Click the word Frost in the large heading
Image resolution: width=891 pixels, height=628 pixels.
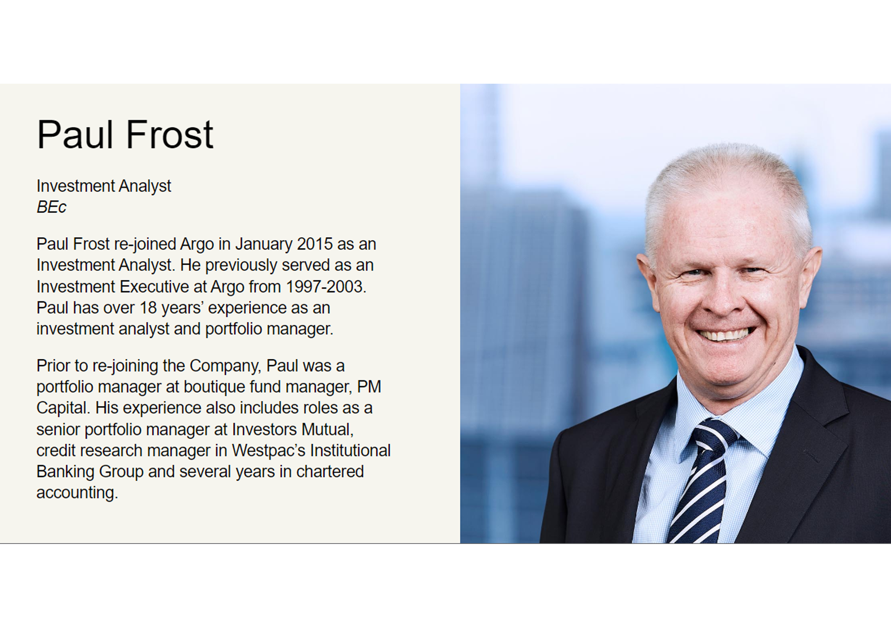170,134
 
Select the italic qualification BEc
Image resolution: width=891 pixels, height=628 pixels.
51,207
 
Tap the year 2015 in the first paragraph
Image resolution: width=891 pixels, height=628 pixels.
315,244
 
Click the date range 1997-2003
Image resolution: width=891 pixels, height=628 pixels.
326,286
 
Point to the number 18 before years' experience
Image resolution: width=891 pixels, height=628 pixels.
148,308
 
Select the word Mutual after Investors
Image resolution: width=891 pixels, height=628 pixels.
328,430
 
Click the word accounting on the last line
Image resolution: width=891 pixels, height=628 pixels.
77,493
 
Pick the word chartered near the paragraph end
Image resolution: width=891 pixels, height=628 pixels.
330,472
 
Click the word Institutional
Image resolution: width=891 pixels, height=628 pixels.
350,451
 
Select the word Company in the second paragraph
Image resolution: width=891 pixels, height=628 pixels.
225,366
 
